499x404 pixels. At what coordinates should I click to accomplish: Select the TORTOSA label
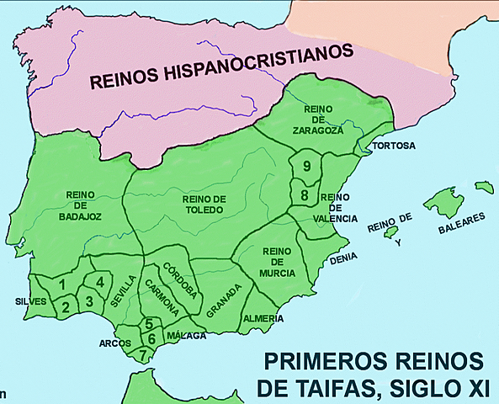pos(395,146)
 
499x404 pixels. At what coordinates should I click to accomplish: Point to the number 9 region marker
pos(308,166)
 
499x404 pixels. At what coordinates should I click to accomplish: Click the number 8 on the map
pos(305,195)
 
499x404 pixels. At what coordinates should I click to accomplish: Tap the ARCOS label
pos(114,343)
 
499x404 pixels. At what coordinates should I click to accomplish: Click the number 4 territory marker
pos(99,282)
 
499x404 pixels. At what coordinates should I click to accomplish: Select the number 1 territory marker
pos(62,284)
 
